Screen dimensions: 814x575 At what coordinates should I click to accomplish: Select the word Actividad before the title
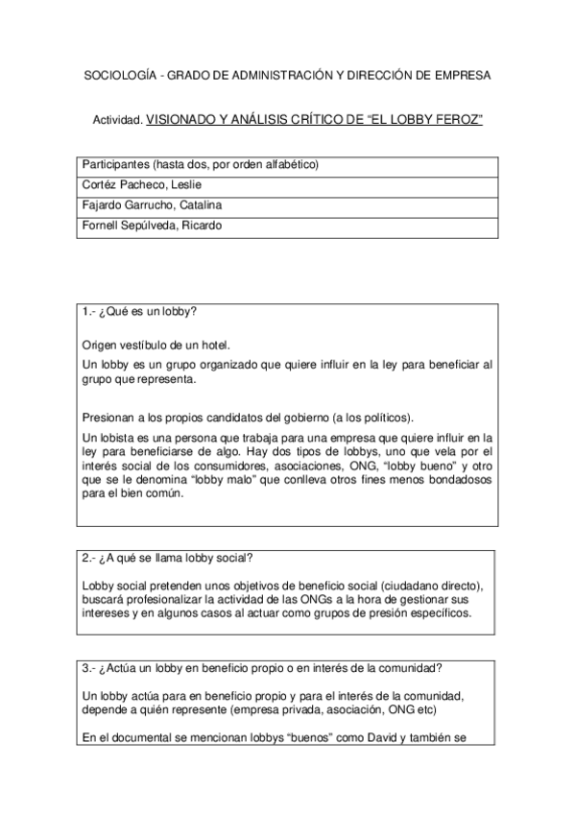[116, 121]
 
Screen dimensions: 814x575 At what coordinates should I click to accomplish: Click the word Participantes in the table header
[115, 163]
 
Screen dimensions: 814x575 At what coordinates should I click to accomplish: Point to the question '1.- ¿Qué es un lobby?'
[141, 313]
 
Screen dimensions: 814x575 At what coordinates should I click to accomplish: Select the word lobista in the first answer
[115, 437]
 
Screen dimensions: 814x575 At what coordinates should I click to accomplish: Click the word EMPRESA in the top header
[459, 75]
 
